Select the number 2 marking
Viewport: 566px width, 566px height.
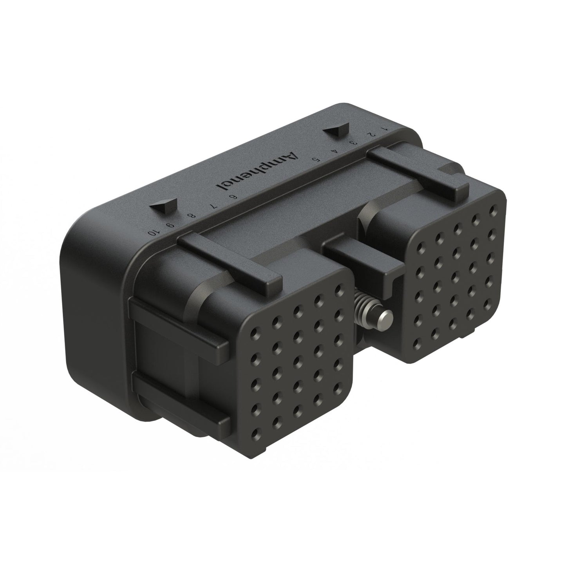coord(371,134)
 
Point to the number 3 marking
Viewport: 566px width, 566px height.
coord(354,143)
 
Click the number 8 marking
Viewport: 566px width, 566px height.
coord(192,216)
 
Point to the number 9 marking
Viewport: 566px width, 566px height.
coord(170,225)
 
